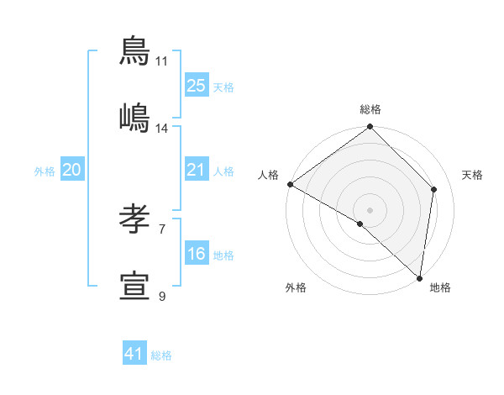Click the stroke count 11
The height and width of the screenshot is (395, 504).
click(x=162, y=61)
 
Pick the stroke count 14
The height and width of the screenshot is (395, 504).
click(x=162, y=128)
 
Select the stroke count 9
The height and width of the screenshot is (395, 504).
click(x=162, y=296)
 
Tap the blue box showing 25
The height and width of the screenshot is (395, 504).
click(x=197, y=86)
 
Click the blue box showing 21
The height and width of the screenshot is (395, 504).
click(x=197, y=171)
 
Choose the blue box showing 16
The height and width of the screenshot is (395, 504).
click(x=197, y=254)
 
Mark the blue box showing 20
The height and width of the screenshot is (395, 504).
click(x=72, y=171)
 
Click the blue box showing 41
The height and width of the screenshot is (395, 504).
click(x=134, y=354)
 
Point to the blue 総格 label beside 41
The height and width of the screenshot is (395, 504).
click(x=161, y=355)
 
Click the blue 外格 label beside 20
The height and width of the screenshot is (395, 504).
click(x=45, y=171)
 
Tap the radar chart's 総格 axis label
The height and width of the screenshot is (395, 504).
click(x=370, y=109)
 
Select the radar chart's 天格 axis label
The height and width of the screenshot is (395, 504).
click(x=472, y=175)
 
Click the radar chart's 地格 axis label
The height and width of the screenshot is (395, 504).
click(x=440, y=287)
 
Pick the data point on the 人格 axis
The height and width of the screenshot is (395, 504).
click(x=290, y=184)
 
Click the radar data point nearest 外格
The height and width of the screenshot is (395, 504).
click(x=360, y=224)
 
